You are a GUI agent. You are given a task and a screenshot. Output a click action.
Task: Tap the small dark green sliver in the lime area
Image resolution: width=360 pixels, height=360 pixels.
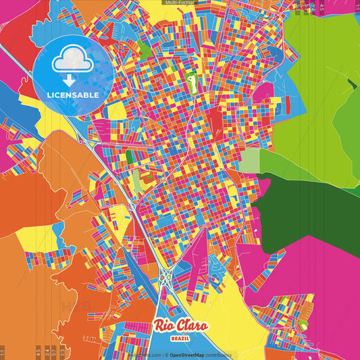pos(351,84)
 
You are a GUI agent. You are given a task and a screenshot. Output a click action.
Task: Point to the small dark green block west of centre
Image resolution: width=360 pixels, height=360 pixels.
pos(129,157)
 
